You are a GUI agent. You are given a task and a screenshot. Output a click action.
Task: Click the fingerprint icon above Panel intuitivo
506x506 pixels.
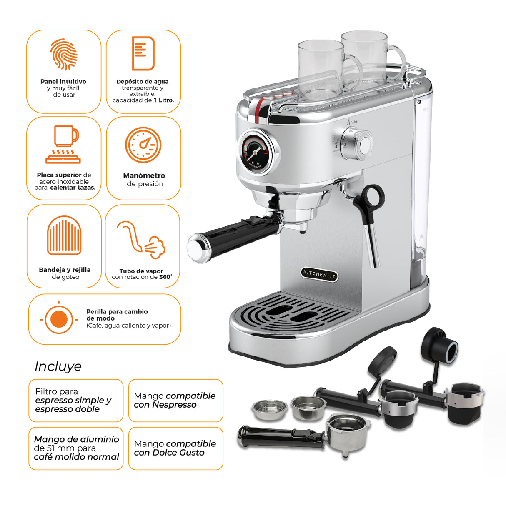coord(64,54)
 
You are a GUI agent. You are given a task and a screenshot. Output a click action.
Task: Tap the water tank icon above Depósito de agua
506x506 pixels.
coord(143,53)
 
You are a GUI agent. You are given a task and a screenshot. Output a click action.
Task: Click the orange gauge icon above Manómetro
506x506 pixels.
coord(143,145)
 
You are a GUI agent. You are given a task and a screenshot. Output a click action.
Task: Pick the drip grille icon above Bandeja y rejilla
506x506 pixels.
coord(64,235)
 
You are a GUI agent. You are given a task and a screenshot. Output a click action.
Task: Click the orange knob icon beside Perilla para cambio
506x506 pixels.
coord(59,319)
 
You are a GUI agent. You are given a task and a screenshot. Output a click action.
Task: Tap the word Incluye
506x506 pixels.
coord(58,366)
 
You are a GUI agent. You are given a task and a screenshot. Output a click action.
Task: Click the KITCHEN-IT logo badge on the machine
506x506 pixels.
coord(319,274)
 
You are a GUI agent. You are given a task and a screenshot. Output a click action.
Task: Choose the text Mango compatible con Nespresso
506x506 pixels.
coord(175,400)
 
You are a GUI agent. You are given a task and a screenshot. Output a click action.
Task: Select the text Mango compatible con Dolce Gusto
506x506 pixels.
coord(175,448)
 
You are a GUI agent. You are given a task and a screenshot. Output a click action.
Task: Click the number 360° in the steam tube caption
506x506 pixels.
coord(165,277)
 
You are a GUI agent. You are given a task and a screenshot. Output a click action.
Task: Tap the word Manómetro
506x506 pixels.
coord(144,175)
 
